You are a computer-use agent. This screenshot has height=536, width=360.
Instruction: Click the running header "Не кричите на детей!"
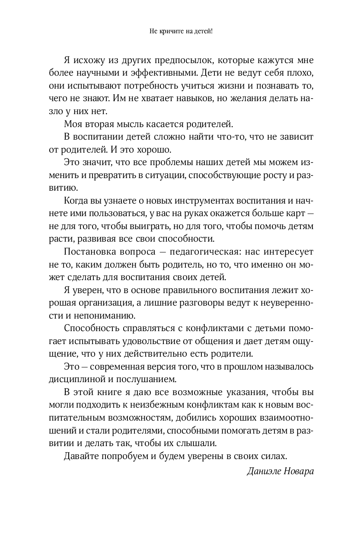[180, 32]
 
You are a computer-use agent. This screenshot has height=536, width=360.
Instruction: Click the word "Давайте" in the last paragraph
[82, 456]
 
